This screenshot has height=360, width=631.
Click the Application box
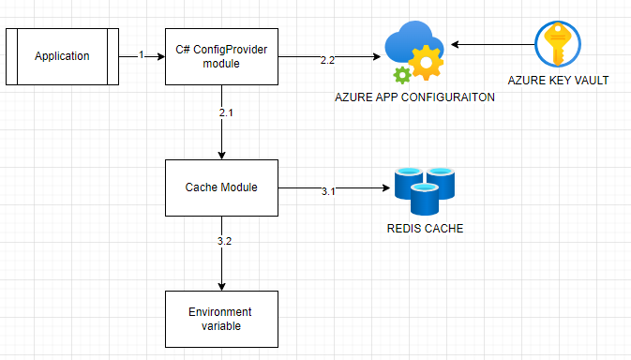point(62,56)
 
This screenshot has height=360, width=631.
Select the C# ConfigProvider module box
point(220,56)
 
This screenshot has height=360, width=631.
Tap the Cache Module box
point(220,187)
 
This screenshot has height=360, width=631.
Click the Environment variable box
point(220,318)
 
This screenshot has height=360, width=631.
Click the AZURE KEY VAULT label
point(558,82)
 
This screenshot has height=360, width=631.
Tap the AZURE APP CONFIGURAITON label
point(414,98)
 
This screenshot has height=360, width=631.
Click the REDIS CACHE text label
point(425,229)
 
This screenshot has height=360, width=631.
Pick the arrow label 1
point(142,55)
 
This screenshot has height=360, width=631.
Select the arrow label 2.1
point(225,112)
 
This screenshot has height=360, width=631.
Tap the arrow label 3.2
point(225,241)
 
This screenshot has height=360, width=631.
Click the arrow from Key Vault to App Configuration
point(492,43)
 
